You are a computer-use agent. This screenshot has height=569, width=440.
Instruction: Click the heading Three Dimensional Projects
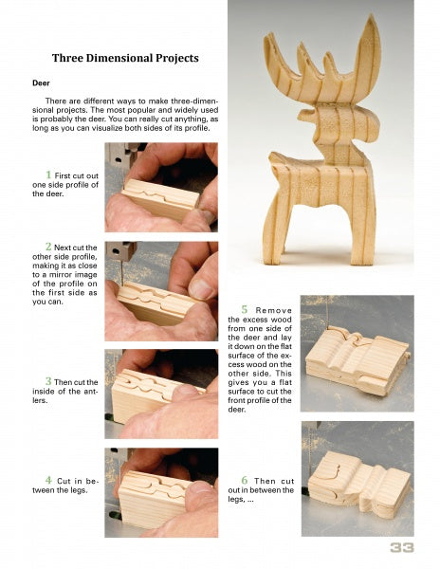(125, 58)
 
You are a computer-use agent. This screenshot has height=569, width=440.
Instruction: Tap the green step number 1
(48, 174)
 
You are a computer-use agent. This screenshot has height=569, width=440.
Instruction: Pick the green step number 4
(48, 480)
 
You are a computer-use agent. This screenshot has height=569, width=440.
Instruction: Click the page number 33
(400, 548)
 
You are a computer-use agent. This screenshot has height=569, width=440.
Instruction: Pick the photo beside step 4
(162, 493)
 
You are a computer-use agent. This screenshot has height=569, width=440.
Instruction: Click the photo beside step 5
(357, 353)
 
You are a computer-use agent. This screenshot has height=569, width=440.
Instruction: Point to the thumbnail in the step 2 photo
(202, 286)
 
